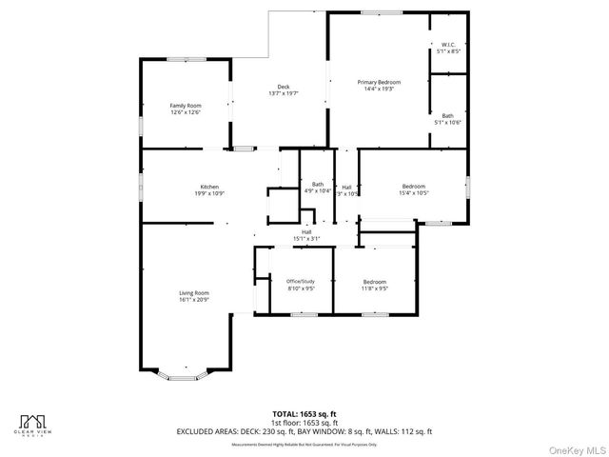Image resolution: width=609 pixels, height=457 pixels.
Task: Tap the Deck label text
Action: tap(284, 87)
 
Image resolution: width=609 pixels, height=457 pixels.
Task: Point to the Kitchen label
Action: tap(209, 187)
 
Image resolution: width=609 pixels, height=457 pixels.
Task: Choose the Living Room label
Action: tap(194, 292)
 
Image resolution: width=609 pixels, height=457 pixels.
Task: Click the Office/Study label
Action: tap(301, 281)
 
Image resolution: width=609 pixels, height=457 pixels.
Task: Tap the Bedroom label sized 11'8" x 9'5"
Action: tap(375, 282)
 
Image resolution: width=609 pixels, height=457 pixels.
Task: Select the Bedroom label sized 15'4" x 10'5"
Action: tap(414, 186)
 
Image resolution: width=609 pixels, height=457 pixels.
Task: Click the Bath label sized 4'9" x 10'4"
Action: tap(318, 184)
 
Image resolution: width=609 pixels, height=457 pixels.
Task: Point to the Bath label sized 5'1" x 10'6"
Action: tap(447, 116)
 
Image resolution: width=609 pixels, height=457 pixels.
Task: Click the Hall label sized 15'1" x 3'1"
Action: tap(306, 231)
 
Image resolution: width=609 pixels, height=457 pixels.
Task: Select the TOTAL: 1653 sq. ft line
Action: tap(304, 414)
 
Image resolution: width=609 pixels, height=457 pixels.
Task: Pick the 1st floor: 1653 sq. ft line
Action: tap(304, 423)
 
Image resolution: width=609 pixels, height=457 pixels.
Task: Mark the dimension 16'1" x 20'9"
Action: tap(194, 300)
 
